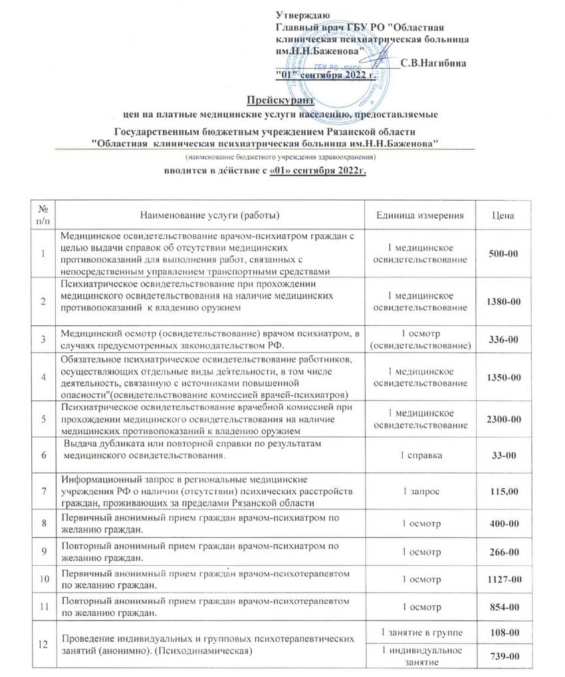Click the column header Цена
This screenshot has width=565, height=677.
click(503, 215)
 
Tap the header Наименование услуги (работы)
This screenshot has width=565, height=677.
click(209, 215)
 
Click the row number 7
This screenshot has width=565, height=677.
click(43, 491)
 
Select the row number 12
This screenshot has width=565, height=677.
click(43, 642)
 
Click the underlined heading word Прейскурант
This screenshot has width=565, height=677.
click(275, 100)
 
